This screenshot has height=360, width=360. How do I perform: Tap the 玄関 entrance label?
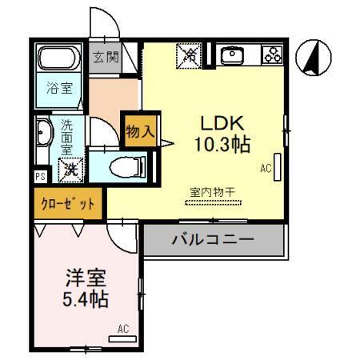[104, 58]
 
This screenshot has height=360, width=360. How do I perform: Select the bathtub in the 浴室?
[58, 58]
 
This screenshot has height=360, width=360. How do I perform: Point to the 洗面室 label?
[67, 136]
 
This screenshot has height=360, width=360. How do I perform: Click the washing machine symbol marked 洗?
[71, 169]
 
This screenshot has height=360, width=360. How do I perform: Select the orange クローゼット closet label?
[68, 204]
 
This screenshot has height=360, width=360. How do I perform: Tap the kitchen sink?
[233, 54]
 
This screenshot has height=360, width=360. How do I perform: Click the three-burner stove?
[272, 54]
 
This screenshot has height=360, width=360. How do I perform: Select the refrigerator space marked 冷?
[190, 55]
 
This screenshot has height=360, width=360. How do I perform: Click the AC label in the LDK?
[266, 168]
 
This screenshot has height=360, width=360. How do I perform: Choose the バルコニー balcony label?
[214, 239]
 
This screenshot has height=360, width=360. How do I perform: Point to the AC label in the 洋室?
[122, 328]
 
